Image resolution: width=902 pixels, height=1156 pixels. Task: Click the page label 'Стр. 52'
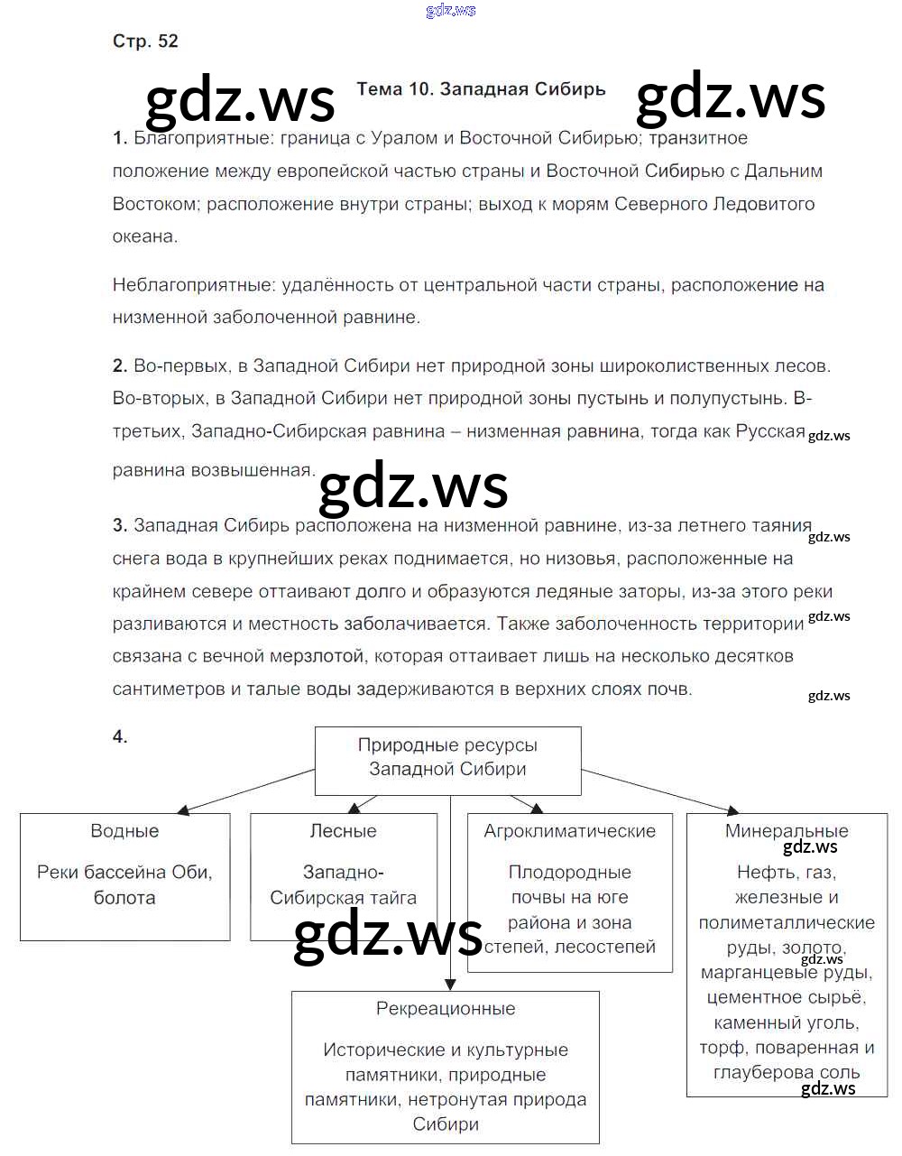point(145,42)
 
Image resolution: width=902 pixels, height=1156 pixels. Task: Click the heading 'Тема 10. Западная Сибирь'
point(481,89)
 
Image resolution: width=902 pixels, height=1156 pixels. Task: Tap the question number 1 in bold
point(119,138)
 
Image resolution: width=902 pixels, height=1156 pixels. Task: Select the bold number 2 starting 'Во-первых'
point(119,365)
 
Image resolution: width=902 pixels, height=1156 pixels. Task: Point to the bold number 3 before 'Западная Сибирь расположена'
point(119,525)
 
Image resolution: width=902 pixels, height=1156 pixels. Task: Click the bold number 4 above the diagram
point(120,736)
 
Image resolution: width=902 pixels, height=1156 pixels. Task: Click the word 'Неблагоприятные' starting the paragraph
point(194,285)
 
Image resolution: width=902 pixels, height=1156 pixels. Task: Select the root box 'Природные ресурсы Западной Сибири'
point(447,757)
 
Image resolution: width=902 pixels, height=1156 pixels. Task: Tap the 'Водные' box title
point(124,831)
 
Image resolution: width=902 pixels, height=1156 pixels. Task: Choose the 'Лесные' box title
point(343,831)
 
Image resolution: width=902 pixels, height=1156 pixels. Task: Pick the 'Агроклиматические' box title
point(569,831)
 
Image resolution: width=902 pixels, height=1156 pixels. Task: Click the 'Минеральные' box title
point(786,831)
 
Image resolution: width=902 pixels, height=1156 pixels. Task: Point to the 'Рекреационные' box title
point(446,1009)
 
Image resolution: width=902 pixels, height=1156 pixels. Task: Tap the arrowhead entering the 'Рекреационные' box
point(449,985)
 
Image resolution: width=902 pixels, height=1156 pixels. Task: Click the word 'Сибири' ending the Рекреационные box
point(446,1124)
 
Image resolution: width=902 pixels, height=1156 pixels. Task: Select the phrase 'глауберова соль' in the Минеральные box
point(786,1073)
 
